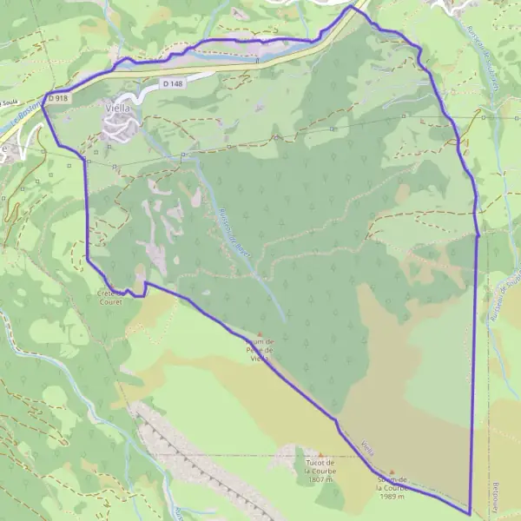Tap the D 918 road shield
pos(58,99)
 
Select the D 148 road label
pos(173,83)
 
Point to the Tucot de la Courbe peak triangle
pos(320,455)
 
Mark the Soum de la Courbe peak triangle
pos(392,472)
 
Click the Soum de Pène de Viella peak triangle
pos(259,333)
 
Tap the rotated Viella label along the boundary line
pos(366,447)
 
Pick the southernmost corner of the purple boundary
pos(469,514)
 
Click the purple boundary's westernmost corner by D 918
pos(43,96)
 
